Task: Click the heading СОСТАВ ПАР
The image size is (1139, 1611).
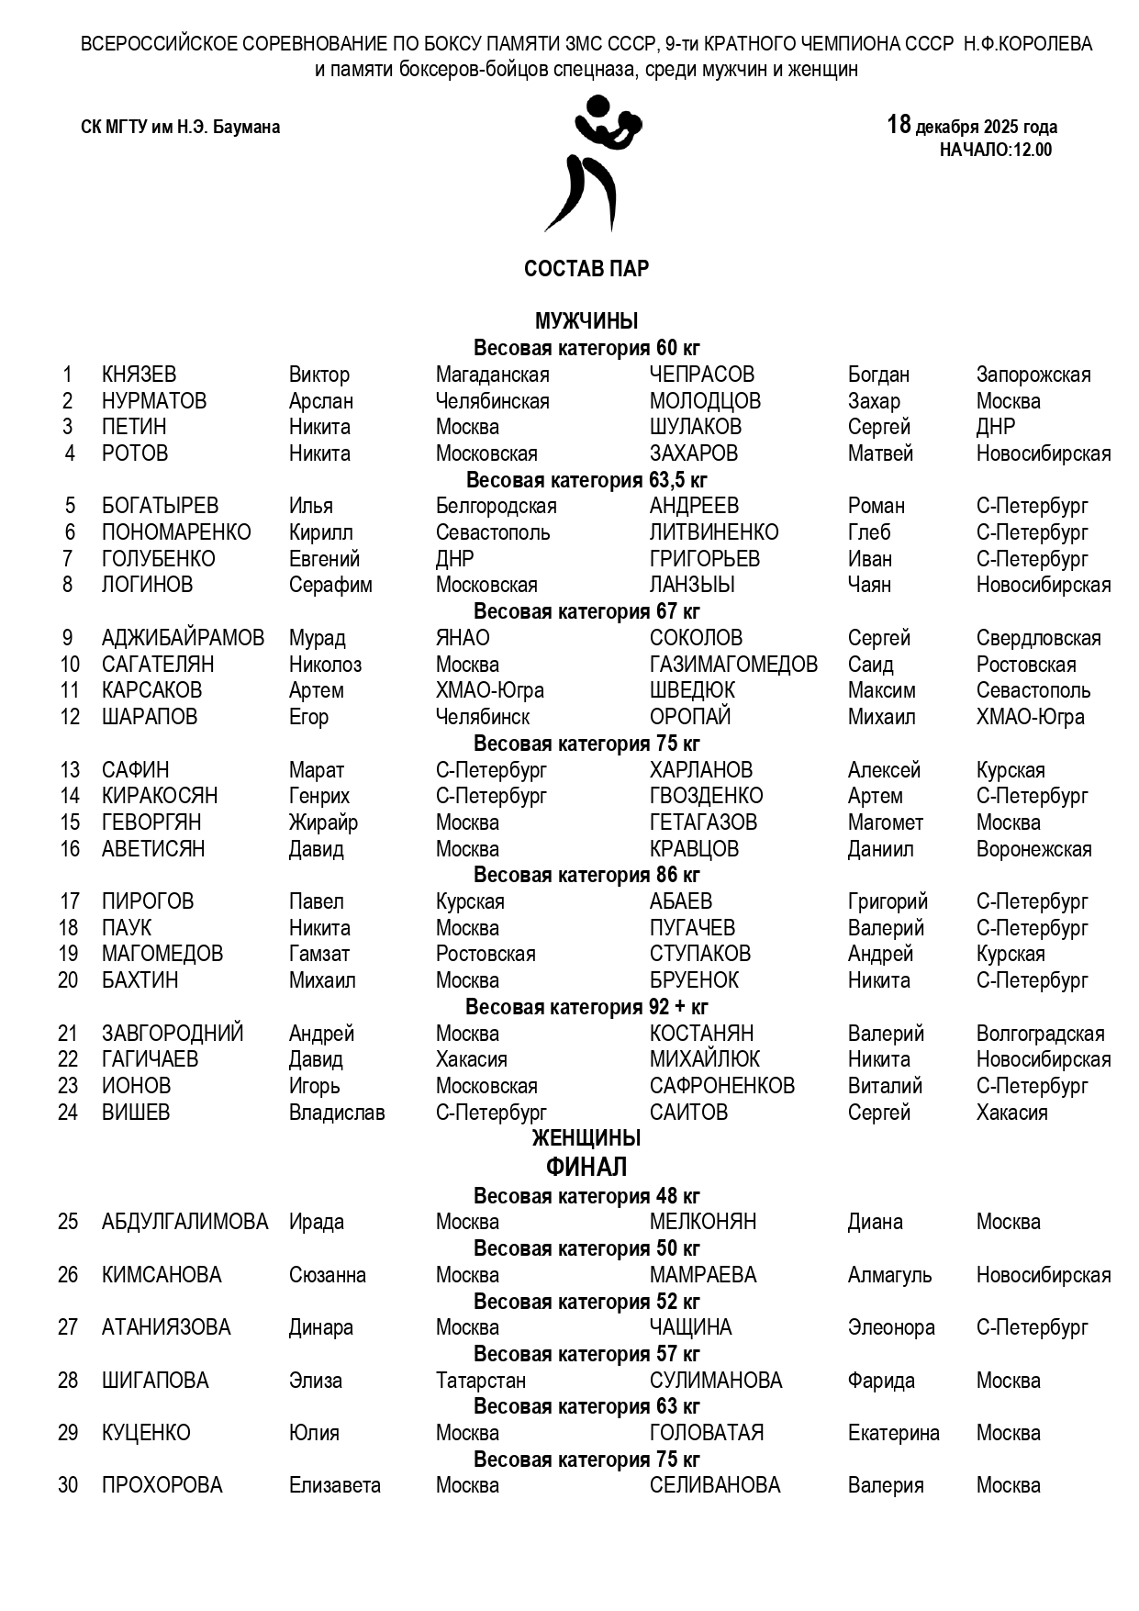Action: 586,269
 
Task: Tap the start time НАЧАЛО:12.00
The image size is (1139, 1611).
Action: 995,151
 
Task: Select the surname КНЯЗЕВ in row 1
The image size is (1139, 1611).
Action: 139,375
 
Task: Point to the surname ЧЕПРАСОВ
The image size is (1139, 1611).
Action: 701,375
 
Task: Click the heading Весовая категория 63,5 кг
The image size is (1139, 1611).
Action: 586,480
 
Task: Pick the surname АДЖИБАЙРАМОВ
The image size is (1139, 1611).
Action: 183,639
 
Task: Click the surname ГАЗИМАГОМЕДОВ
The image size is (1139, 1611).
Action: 733,665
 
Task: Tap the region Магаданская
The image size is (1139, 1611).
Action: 492,375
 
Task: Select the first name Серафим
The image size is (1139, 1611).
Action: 330,586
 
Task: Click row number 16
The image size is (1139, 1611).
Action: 70,849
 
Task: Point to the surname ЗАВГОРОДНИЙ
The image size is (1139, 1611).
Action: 173,1034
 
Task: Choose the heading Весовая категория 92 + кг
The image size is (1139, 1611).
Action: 586,1007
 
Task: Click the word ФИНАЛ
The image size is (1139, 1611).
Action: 586,1168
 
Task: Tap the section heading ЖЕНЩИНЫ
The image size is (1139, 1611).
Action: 586,1138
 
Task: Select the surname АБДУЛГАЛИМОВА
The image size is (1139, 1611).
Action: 184,1223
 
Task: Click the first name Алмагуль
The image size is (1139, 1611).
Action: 888,1276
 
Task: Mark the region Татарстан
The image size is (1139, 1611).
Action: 480,1381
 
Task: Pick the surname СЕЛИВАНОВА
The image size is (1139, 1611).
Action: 714,1486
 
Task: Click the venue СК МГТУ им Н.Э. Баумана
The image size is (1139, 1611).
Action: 180,128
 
